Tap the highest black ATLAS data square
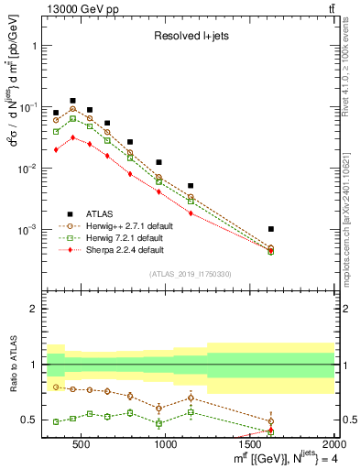click(x=72, y=101)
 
